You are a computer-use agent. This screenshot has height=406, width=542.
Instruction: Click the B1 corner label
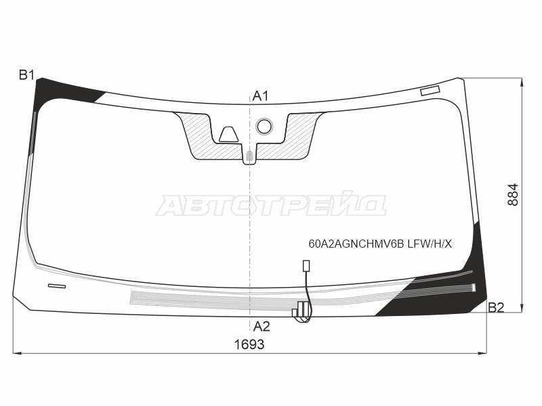[26, 74]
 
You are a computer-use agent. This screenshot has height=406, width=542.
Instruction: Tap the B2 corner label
[496, 307]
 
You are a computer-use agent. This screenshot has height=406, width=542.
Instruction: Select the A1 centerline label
[260, 96]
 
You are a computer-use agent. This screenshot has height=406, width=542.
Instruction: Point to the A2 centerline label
[262, 326]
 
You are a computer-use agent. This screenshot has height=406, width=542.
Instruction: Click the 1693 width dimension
[249, 344]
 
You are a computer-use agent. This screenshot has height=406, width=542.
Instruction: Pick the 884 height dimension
[513, 195]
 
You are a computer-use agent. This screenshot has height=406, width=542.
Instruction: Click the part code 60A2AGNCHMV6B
[356, 244]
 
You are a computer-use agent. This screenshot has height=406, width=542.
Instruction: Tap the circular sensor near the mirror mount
[264, 127]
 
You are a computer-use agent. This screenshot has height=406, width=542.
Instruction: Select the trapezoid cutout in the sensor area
[228, 134]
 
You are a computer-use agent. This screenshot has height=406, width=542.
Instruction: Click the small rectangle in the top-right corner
[430, 91]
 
